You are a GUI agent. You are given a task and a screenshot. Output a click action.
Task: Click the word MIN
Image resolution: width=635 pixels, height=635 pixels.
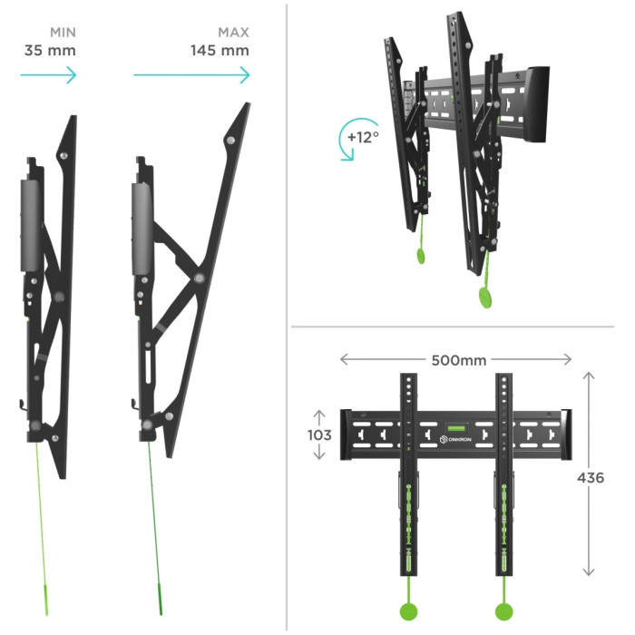pyautogui.click(x=63, y=33)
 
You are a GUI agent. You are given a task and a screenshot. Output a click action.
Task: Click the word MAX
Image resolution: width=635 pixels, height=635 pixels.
pyautogui.click(x=233, y=33)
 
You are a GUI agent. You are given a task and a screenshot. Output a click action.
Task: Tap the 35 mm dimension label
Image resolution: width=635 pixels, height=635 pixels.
pyautogui.click(x=50, y=51)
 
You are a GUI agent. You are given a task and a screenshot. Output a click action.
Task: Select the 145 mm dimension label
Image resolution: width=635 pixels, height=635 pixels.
pyautogui.click(x=220, y=51)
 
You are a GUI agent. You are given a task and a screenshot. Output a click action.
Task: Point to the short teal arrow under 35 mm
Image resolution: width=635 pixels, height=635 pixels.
pyautogui.click(x=49, y=75)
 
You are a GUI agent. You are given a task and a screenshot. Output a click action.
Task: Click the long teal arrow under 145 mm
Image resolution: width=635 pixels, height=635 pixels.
pyautogui.click(x=191, y=75)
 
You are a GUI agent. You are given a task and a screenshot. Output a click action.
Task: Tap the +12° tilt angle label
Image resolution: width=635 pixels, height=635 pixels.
pyautogui.click(x=363, y=137)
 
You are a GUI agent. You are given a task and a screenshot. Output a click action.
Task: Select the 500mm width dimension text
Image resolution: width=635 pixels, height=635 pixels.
pyautogui.click(x=459, y=360)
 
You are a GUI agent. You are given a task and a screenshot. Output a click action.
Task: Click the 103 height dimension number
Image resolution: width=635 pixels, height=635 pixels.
pyautogui.click(x=319, y=435)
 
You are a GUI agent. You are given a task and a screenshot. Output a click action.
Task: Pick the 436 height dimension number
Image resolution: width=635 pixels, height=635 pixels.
pyautogui.click(x=591, y=478)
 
